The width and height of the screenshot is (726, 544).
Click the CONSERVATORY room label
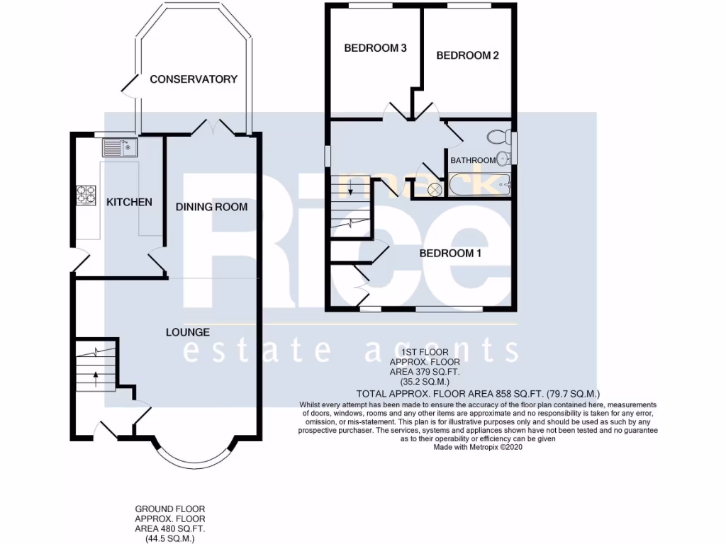[194, 79]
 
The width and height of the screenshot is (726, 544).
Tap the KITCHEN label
[129, 202]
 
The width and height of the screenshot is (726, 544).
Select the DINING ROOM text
[212, 207]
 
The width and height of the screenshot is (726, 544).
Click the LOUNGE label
[188, 331]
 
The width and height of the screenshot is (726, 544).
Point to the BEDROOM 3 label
[375, 48]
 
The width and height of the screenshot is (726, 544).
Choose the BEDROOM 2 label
[467, 55]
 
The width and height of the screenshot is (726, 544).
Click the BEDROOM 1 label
[451, 253]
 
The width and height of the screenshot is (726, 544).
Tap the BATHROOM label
[473, 160]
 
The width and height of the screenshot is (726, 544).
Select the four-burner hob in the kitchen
[86, 194]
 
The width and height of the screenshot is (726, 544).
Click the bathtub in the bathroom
[479, 186]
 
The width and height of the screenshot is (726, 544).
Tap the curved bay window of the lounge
[194, 456]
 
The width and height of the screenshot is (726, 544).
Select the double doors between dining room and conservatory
[213, 127]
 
